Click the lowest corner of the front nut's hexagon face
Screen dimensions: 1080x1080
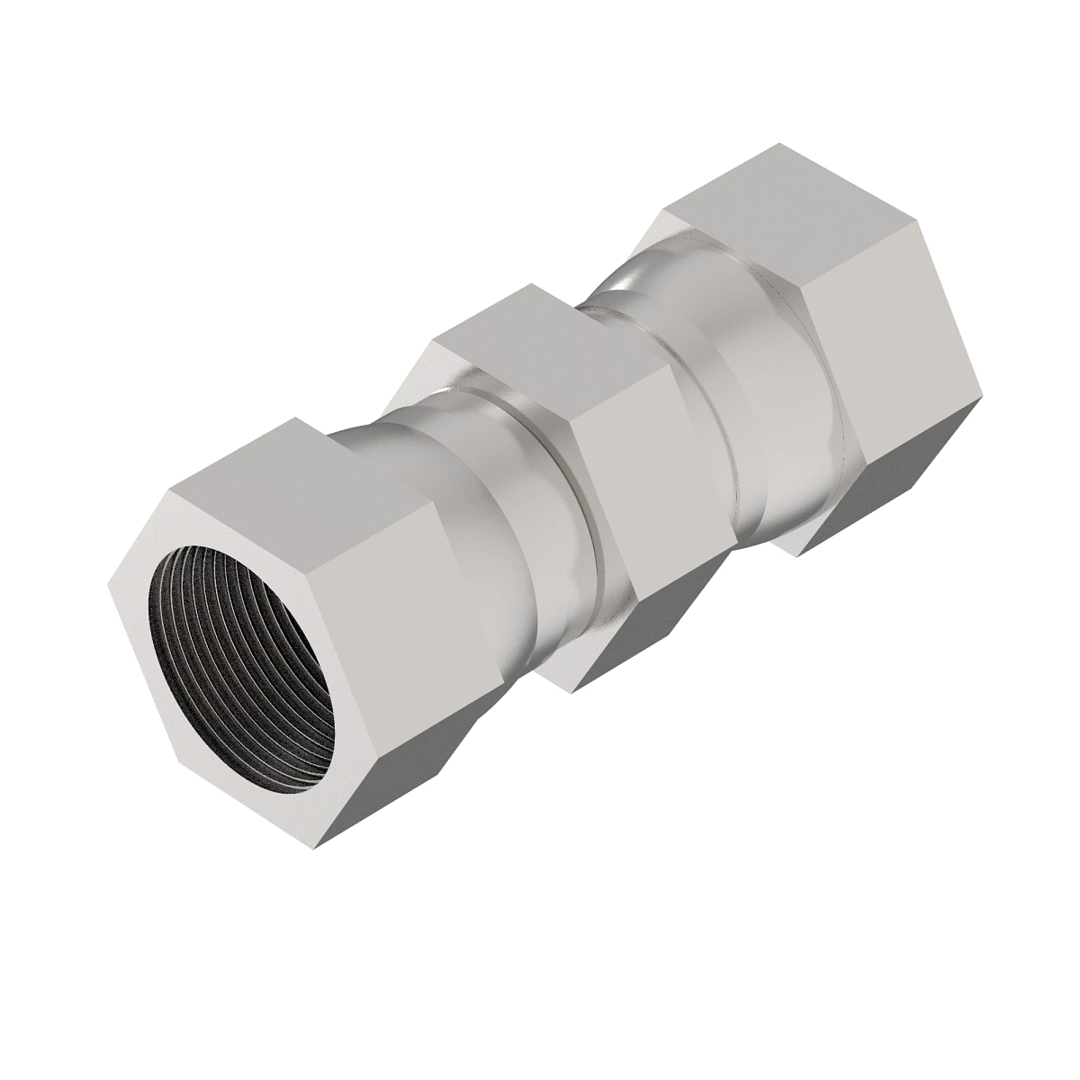coord(317,847)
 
